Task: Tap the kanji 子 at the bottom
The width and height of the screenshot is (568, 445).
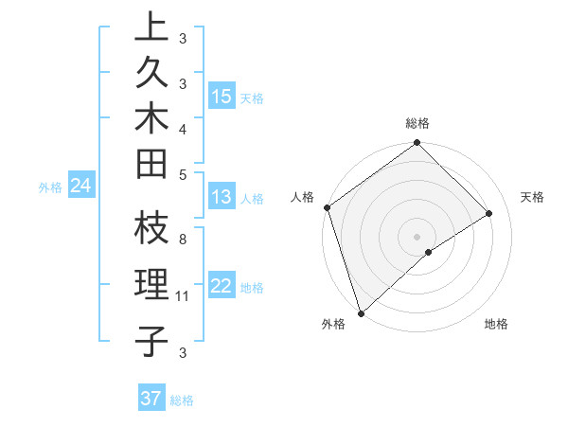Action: (x=151, y=341)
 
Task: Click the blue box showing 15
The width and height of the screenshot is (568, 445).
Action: (x=222, y=97)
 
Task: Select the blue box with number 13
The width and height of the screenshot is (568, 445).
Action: (x=222, y=197)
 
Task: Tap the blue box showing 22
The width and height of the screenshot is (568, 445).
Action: (x=222, y=287)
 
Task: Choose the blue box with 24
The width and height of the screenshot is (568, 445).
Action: (x=81, y=187)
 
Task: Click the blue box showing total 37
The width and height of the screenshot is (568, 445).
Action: (x=151, y=399)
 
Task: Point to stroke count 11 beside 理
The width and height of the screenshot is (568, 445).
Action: (x=183, y=297)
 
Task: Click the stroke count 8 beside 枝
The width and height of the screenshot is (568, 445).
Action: (x=182, y=240)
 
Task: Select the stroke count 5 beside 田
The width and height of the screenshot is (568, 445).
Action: (x=182, y=174)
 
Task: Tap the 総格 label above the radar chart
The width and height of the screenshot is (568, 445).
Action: (x=417, y=123)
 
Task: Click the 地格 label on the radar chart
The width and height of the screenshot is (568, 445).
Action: (x=496, y=325)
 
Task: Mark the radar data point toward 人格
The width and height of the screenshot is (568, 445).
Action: (x=327, y=207)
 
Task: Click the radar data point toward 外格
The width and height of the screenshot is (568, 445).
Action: (x=361, y=311)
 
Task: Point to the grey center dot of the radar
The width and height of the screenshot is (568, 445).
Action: (x=417, y=236)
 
